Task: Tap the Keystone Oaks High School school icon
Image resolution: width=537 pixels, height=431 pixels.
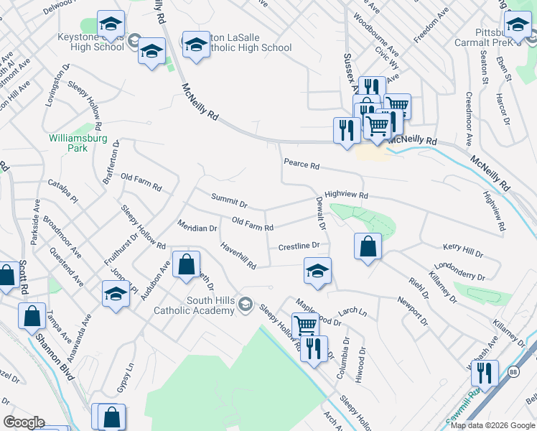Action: click(x=110, y=26)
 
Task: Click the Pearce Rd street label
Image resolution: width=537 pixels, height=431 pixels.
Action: click(x=301, y=164)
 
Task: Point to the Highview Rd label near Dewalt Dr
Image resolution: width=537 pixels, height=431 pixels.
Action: click(x=345, y=195)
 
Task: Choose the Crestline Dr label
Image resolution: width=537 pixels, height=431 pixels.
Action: click(x=298, y=246)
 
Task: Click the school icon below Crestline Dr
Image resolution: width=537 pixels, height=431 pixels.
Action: click(x=317, y=271)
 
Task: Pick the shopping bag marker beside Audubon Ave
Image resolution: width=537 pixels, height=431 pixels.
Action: click(x=186, y=264)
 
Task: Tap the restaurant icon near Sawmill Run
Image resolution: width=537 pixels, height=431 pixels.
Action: click(x=485, y=373)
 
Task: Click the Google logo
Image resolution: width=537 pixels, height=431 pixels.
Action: click(x=24, y=422)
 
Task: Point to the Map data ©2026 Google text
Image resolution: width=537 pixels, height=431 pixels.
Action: click(x=492, y=425)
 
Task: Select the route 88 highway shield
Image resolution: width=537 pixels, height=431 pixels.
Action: click(x=513, y=371)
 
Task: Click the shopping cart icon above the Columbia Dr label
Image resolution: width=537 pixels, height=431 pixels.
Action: click(x=305, y=324)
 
